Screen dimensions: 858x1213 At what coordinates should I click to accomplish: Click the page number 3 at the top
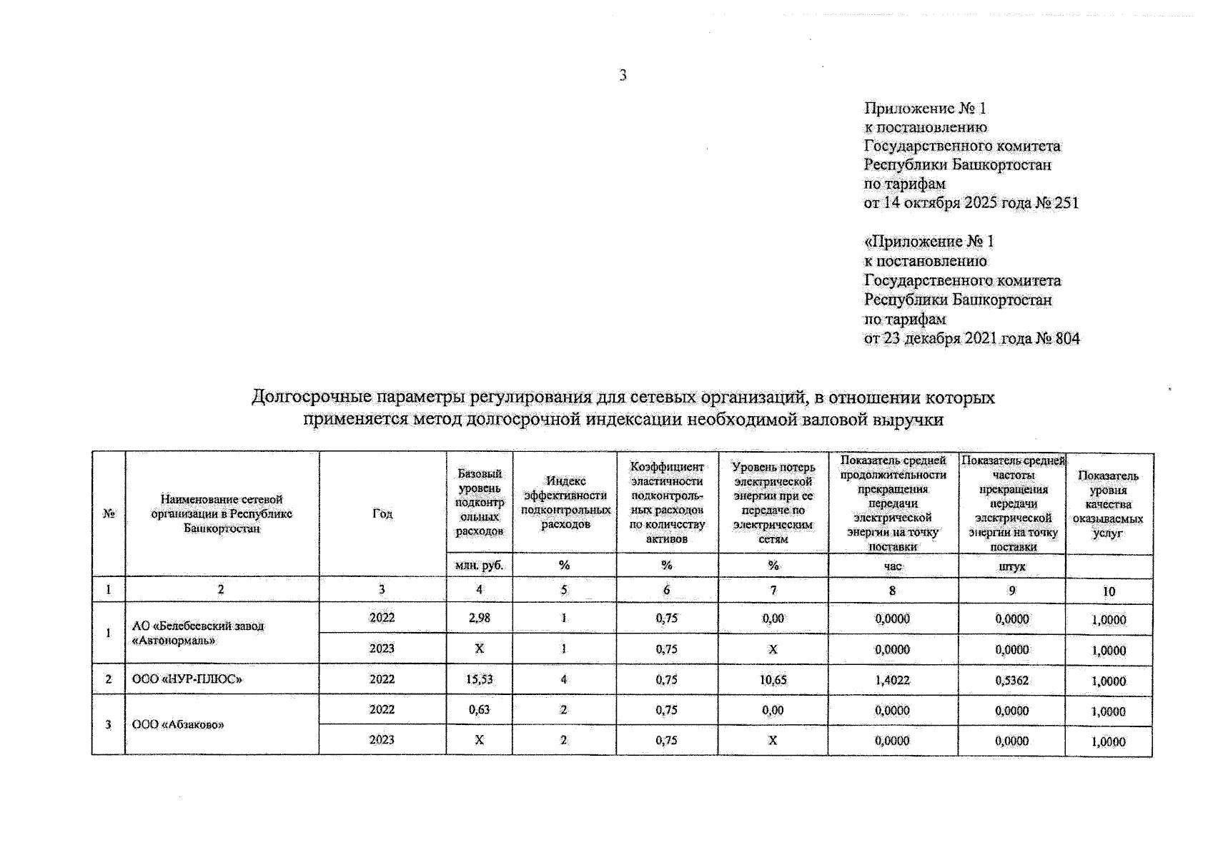tap(623, 75)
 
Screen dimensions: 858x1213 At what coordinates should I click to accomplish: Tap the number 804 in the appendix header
tap(1067, 338)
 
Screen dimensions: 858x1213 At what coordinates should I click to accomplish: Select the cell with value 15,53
tap(479, 679)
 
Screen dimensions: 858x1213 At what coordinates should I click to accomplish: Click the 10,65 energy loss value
tap(773, 680)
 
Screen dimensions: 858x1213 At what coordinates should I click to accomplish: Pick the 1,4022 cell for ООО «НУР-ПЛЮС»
tap(892, 680)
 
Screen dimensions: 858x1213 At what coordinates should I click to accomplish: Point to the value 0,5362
tap(1011, 681)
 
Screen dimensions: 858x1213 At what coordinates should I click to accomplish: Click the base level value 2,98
tap(479, 618)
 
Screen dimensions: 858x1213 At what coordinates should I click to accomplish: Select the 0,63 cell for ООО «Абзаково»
tap(479, 710)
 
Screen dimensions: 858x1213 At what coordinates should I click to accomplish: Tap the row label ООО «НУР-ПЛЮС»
tap(187, 679)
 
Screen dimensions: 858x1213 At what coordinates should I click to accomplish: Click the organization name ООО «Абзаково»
tap(179, 724)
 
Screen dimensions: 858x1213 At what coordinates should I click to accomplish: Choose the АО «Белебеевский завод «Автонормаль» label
tap(198, 633)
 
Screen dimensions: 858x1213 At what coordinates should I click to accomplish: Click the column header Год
tap(382, 513)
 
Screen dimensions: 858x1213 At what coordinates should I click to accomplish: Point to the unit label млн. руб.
tap(479, 565)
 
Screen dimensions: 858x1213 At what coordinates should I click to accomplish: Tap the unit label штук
tap(1011, 566)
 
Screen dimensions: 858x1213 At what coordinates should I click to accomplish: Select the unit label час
tap(893, 566)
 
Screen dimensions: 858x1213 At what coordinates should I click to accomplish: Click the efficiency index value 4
tap(564, 679)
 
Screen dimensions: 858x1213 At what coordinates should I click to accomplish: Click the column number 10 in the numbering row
tap(1108, 591)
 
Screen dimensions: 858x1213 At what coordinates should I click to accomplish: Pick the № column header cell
tap(109, 513)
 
